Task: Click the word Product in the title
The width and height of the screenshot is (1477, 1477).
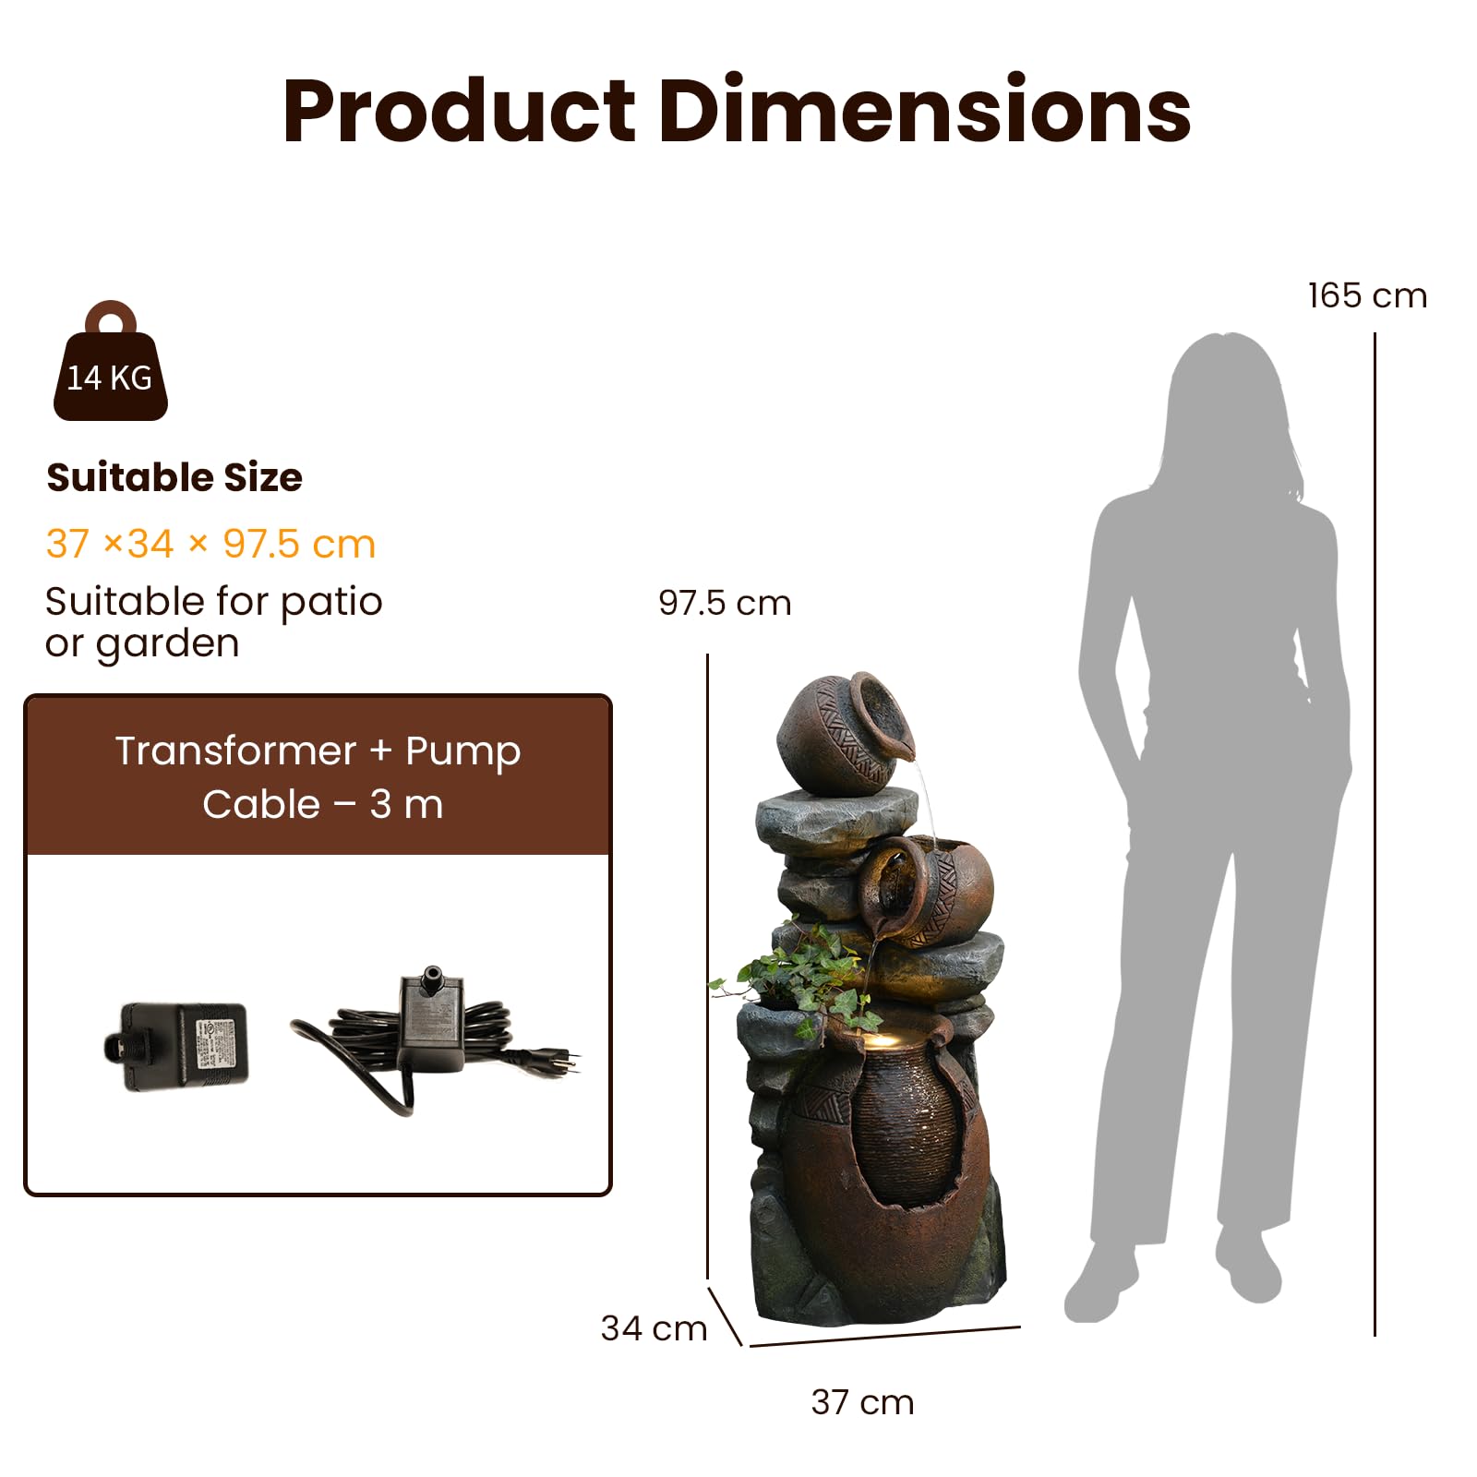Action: click(x=459, y=112)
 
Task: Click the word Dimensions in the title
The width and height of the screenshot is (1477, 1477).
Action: click(x=924, y=110)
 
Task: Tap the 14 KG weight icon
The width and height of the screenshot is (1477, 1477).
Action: click(x=111, y=361)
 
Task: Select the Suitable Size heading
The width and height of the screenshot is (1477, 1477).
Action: click(x=174, y=477)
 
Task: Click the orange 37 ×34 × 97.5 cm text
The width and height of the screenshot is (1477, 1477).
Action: click(x=210, y=544)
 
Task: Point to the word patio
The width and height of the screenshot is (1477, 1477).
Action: click(x=331, y=603)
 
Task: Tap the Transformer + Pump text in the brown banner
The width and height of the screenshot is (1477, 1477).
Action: click(x=318, y=751)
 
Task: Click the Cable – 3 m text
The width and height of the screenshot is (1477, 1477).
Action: click(x=323, y=804)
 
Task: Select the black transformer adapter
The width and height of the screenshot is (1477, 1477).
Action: click(x=176, y=1047)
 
